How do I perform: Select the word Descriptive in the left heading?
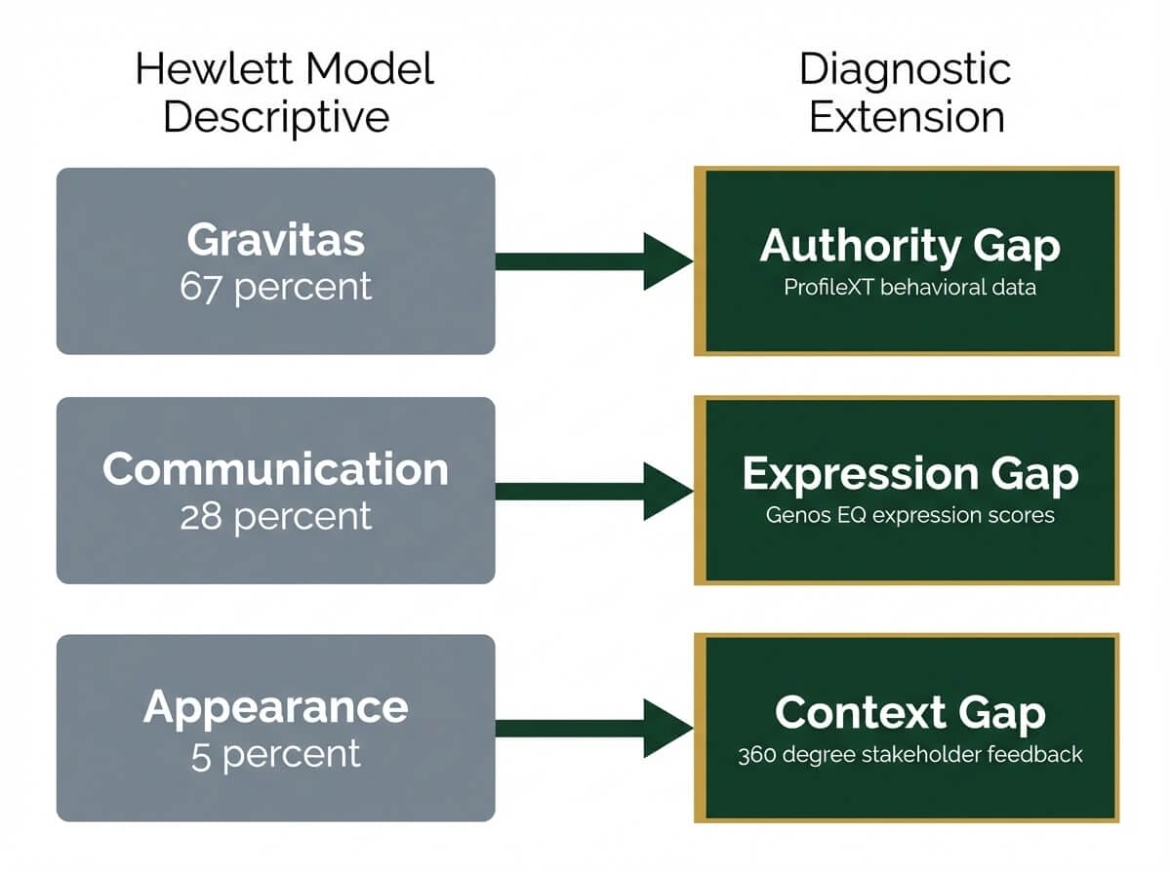[x=276, y=117]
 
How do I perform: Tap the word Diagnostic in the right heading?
[x=906, y=70]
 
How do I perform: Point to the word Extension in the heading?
[x=907, y=117]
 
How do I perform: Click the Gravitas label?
[x=275, y=240]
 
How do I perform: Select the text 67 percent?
[x=275, y=287]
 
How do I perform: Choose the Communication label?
[x=275, y=469]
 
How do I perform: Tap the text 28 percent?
[x=275, y=516]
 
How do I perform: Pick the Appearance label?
[x=275, y=706]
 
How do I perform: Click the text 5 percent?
[x=275, y=754]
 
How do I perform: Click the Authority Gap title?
[x=909, y=246]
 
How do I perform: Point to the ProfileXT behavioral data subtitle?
[x=909, y=289]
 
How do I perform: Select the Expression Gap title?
[x=909, y=474]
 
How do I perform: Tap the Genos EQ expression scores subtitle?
[x=909, y=515]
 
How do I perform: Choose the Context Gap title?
[x=909, y=713]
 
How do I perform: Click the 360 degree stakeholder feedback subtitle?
[x=909, y=755]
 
